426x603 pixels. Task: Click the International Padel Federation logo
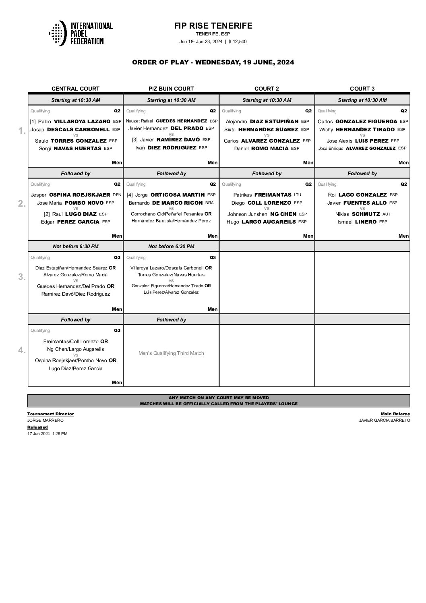tap(81, 33)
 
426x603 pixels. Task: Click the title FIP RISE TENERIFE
tap(213, 26)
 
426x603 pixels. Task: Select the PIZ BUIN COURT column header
tap(171, 89)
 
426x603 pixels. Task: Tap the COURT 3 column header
tap(362, 89)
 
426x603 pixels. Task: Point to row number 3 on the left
tap(22, 277)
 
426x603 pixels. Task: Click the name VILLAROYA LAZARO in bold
tap(82, 121)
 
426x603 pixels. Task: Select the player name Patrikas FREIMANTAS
tap(262, 195)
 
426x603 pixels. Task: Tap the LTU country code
tap(297, 195)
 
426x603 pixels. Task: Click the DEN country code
tap(117, 195)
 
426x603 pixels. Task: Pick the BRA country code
tap(209, 203)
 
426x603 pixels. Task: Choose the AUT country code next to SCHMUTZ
tap(386, 214)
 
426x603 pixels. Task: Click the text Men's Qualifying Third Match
tap(171, 353)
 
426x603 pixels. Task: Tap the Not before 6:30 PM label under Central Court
tap(76, 247)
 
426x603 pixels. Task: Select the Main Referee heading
tap(395, 414)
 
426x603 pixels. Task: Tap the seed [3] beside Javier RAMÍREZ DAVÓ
tap(135, 140)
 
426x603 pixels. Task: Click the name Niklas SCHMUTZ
tap(357, 214)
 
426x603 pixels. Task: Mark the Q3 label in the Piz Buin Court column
tap(213, 257)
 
